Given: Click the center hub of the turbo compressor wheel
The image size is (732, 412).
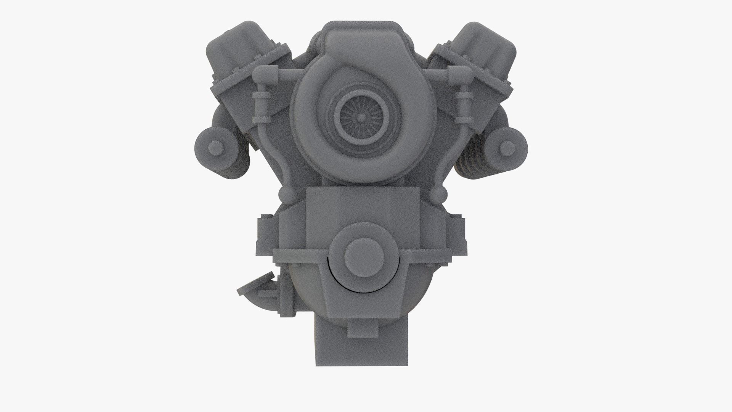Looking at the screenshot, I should [x=360, y=119].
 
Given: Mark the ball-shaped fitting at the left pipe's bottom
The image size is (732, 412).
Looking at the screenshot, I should [x=286, y=195].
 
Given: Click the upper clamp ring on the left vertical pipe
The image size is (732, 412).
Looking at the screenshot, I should [x=262, y=96].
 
